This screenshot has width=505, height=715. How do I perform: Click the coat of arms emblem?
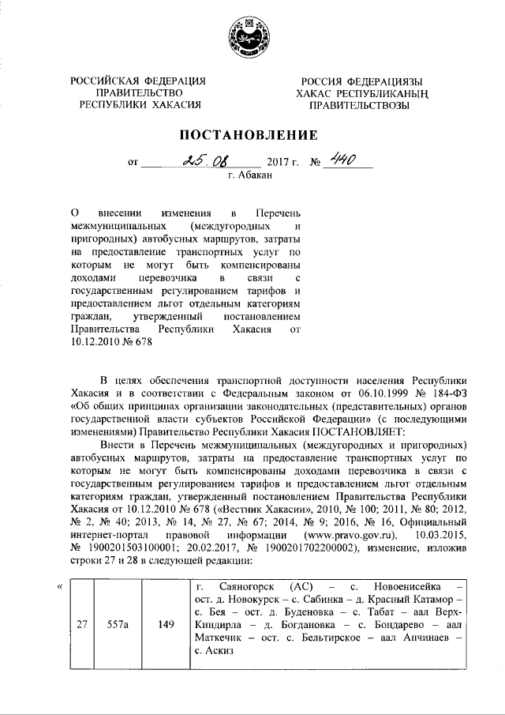coord(252,39)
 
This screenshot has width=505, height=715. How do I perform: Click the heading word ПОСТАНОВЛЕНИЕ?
coord(252,134)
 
